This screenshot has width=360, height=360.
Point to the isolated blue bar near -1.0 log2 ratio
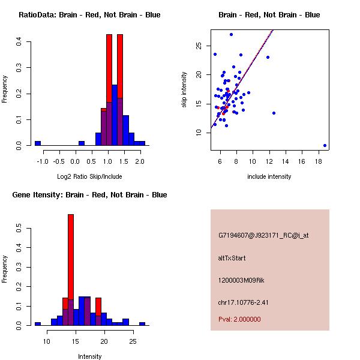(x=38, y=143)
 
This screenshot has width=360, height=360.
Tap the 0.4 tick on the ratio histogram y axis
(x=20, y=41)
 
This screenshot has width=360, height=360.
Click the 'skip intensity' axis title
(x=184, y=89)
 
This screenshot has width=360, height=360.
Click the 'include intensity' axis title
(x=269, y=176)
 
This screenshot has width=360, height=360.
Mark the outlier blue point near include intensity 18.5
(x=325, y=145)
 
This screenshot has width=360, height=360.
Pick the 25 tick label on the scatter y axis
(x=200, y=46)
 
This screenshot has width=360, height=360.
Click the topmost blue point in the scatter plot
(x=231, y=34)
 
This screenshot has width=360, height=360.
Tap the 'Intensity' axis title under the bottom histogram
(x=89, y=356)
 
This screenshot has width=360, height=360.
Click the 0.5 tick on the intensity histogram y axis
(x=20, y=229)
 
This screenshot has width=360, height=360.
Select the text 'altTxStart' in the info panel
(x=232, y=258)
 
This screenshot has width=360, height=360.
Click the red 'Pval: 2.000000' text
(x=242, y=320)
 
